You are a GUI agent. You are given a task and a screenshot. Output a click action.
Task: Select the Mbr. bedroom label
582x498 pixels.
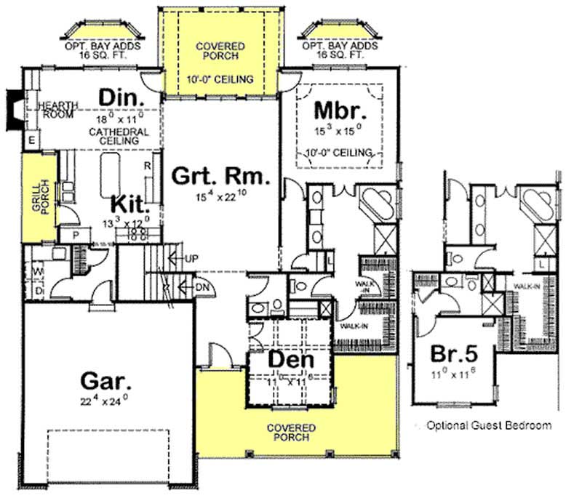tap(338, 111)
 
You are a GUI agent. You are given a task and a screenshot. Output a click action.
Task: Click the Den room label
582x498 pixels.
tap(290, 359)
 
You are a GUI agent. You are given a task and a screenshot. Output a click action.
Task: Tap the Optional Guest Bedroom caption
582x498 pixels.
tap(488, 425)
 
